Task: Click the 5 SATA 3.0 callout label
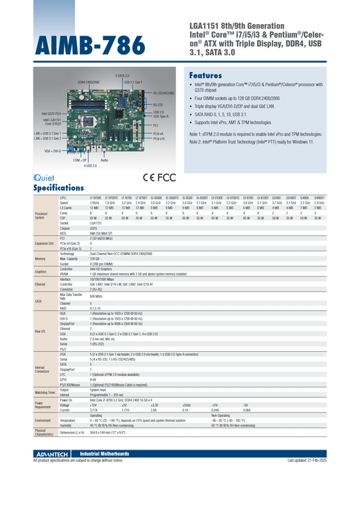[x=122, y=75]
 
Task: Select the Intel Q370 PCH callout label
[x=51, y=114]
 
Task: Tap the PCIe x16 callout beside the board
[x=160, y=138]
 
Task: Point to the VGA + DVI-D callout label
[x=52, y=151]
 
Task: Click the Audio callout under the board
[x=105, y=160]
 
